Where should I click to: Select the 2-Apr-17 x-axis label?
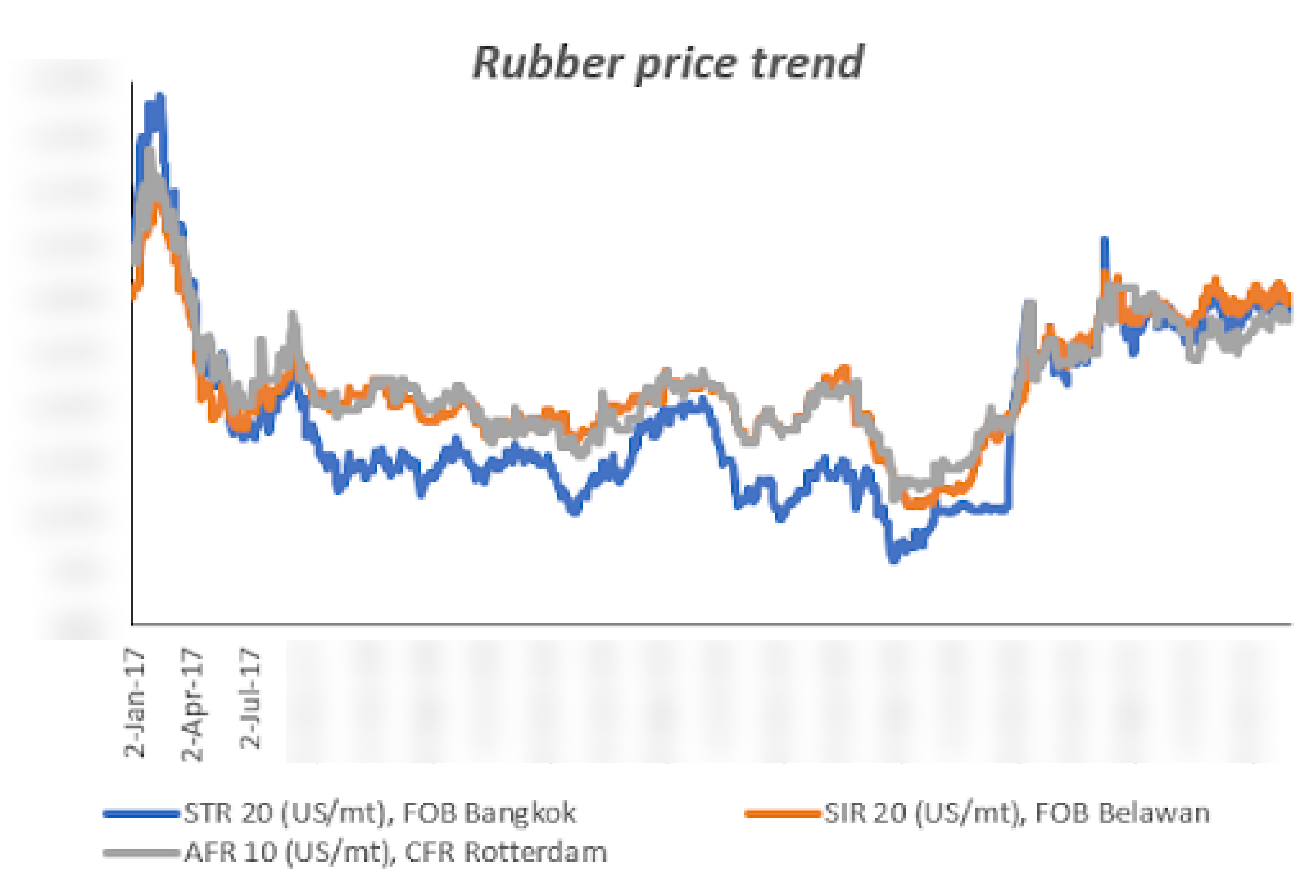click(192, 705)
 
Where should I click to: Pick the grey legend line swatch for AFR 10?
click(141, 852)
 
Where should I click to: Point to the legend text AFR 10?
click(230, 852)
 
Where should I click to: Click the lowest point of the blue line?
click(893, 560)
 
